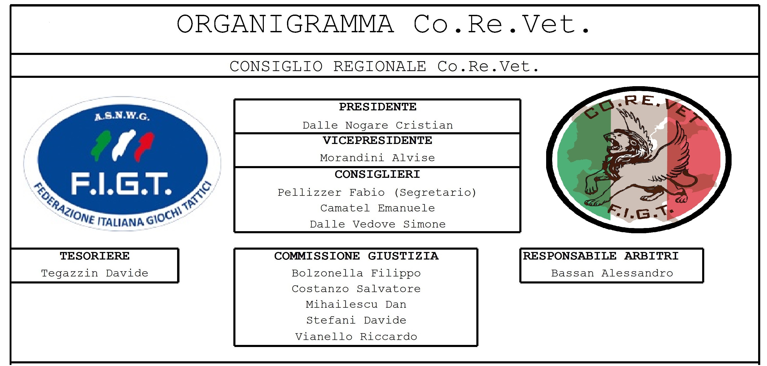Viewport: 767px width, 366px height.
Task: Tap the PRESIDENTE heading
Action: coord(378,107)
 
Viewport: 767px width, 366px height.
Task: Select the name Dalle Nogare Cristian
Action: coord(378,125)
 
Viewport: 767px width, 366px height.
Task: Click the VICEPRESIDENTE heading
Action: coord(378,141)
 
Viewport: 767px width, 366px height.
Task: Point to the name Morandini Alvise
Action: coord(378,158)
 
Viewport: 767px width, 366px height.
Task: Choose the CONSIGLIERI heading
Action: coord(378,174)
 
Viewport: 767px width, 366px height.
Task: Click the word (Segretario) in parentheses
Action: coord(435,193)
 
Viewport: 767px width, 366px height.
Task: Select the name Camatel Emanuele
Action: coord(378,208)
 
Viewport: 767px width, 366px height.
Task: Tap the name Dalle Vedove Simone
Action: coord(378,224)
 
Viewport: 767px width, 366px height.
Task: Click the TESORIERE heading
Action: coord(95,256)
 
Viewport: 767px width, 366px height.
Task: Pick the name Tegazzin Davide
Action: coord(95,273)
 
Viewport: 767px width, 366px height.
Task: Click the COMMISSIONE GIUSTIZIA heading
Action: coord(356,256)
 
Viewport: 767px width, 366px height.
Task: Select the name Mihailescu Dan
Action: coord(356,304)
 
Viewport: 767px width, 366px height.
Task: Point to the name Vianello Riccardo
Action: coord(356,337)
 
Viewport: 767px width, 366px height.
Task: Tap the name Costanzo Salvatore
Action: coord(356,289)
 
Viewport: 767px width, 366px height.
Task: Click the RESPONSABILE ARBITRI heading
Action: coord(601,256)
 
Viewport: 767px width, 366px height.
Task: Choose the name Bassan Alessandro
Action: coord(612,273)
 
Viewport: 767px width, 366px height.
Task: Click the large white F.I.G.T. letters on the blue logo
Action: coord(121,185)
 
